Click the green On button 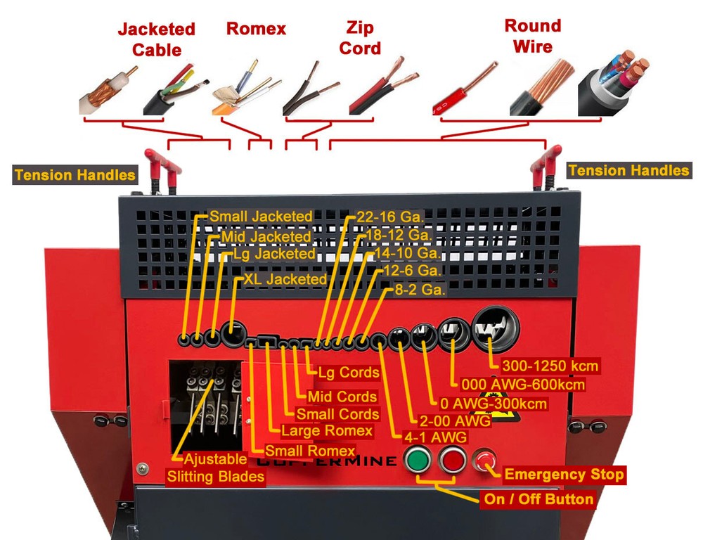(418, 461)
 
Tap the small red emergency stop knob (485, 461)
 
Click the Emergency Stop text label (564, 475)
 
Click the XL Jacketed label (285, 279)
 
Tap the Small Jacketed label (261, 217)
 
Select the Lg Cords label (349, 372)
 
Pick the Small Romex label (310, 450)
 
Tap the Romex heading (256, 29)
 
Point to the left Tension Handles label (75, 175)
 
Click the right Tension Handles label (628, 170)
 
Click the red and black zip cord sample (383, 89)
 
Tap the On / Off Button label (538, 499)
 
